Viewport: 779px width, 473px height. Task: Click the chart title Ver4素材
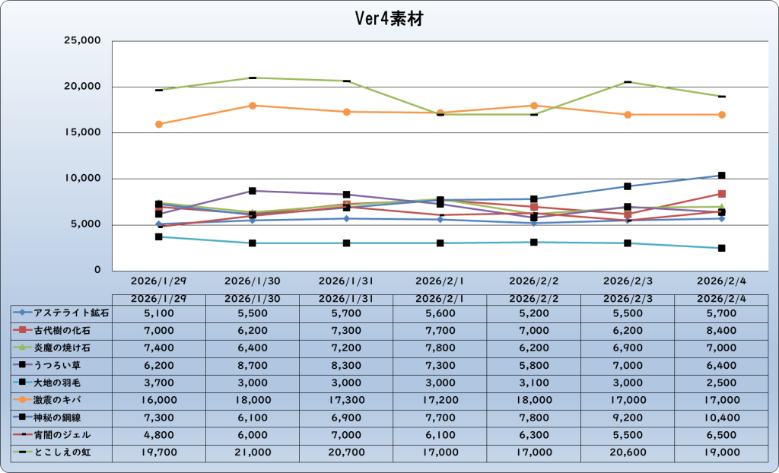pos(389,19)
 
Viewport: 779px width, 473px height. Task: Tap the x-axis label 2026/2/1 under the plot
pos(440,280)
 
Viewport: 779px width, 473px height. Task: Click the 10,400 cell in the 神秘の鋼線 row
pos(721,417)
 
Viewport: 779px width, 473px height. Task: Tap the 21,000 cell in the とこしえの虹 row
pos(253,452)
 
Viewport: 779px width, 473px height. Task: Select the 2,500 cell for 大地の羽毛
pos(721,382)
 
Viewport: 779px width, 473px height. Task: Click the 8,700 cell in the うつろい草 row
pos(253,364)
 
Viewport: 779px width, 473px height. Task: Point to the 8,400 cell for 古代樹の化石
pos(721,330)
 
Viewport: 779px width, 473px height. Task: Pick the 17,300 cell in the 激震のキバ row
pos(346,399)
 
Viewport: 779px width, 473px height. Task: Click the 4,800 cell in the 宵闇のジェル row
pos(159,434)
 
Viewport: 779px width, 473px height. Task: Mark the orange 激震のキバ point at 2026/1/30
pos(253,105)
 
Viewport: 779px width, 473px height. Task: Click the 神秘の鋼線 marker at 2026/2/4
pos(721,175)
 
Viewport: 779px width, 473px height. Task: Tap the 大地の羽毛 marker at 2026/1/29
pos(159,236)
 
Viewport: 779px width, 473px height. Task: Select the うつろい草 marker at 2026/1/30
pos(253,190)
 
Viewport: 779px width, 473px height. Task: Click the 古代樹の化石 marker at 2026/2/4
pos(721,194)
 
